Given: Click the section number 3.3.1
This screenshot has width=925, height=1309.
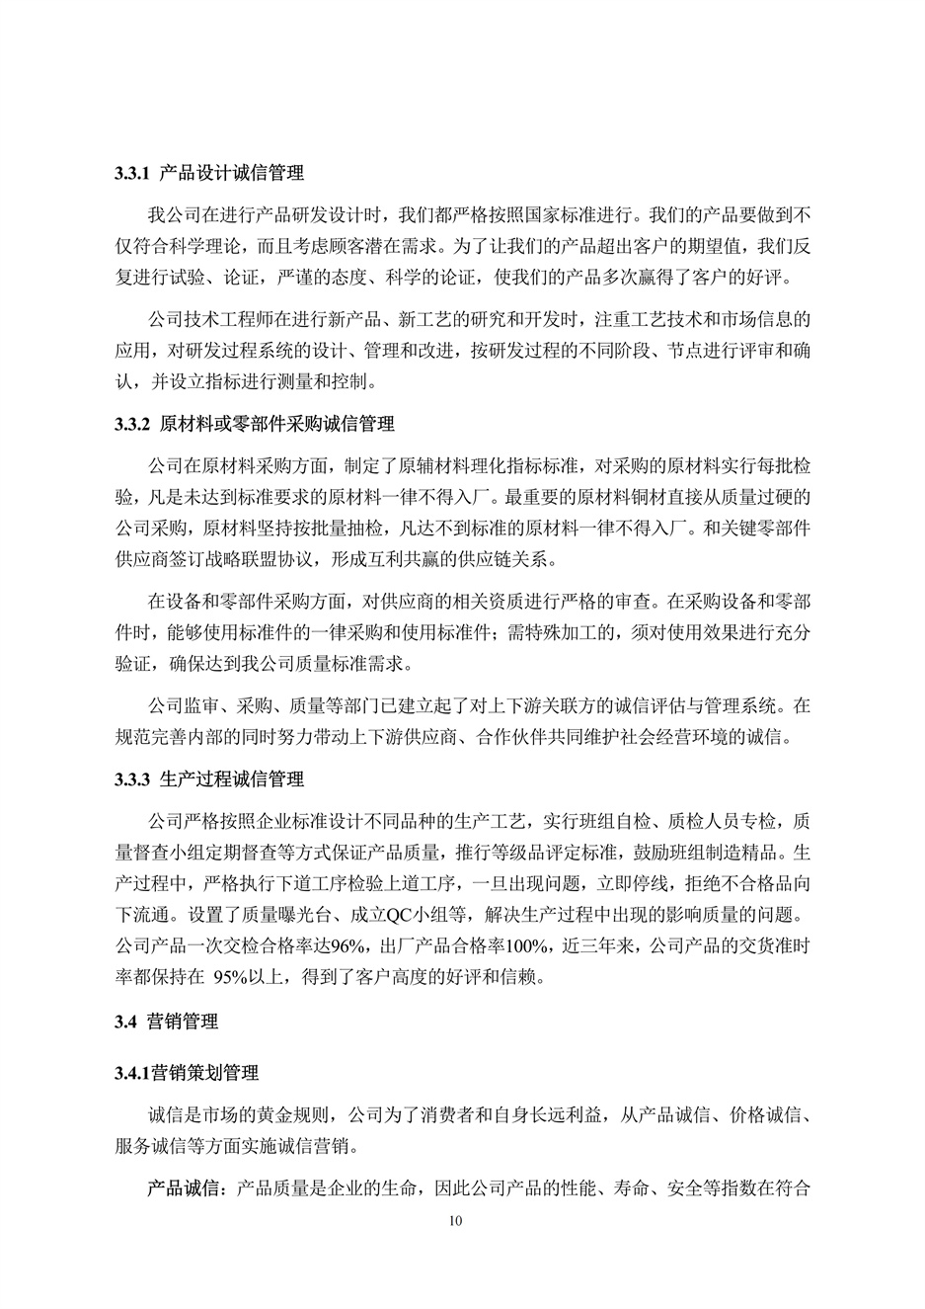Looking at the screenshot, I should pyautogui.click(x=131, y=174).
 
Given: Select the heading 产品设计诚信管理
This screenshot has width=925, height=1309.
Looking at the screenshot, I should pyautogui.click(x=231, y=174).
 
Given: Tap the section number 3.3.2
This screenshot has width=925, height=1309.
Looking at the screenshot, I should pyautogui.click(x=131, y=425).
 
